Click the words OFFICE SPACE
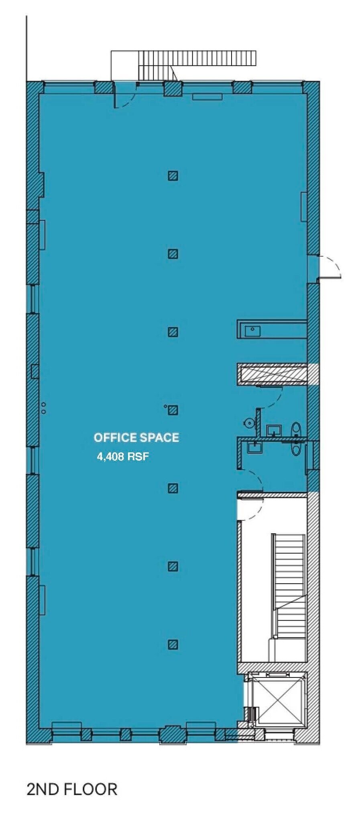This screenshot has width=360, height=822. (136, 437)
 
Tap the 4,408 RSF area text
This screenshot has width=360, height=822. (123, 456)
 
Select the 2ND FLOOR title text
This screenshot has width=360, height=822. (72, 789)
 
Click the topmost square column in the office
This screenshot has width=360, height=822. (173, 175)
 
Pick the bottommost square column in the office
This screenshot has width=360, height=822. (173, 644)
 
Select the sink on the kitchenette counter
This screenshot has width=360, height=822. (252, 331)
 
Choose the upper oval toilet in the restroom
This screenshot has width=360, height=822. (296, 429)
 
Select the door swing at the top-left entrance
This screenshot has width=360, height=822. (124, 98)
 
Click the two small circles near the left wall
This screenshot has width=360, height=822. (43, 408)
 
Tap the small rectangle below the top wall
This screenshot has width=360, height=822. (207, 97)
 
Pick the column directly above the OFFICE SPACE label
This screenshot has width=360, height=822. (173, 410)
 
